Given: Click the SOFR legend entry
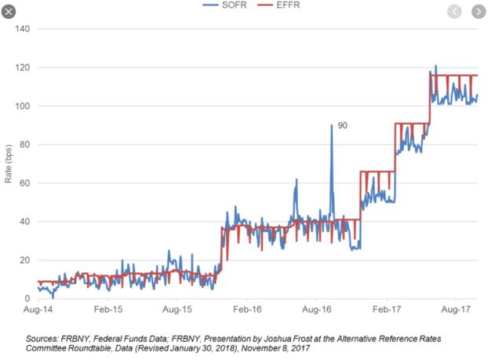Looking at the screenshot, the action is (x=225, y=5).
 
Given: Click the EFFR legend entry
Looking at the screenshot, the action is (x=278, y=5).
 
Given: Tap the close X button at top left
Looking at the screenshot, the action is (x=9, y=12).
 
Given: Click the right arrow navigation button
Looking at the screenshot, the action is (x=478, y=12).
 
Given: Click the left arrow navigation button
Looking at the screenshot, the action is (x=454, y=12).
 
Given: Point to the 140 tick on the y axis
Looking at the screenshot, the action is (x=23, y=29).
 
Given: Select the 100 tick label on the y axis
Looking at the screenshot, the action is (x=23, y=106).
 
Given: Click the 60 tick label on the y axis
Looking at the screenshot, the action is (x=25, y=183).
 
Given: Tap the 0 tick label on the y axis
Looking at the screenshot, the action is (x=27, y=299).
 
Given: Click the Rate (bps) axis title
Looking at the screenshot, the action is (x=8, y=164).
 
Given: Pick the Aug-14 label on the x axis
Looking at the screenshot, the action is (x=38, y=310).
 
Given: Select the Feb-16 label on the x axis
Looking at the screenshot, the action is (x=247, y=310).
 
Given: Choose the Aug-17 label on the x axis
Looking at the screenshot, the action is (x=456, y=310).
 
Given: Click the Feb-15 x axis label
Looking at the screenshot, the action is (x=108, y=310).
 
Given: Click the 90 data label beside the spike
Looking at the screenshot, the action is (x=342, y=125).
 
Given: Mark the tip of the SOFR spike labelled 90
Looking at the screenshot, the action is (x=332, y=125).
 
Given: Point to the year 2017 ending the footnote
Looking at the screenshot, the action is (x=301, y=348).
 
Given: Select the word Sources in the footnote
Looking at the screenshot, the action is (x=42, y=339).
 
